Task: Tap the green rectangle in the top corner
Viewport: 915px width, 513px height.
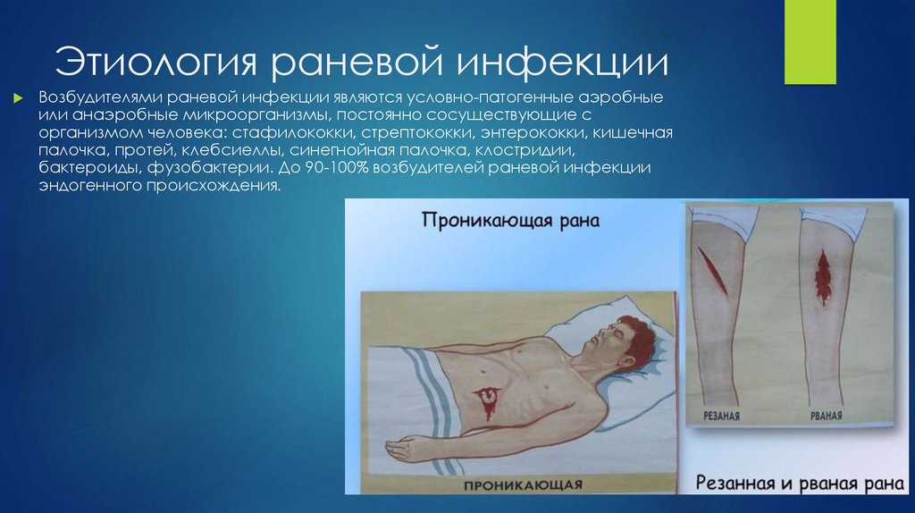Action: click(810, 41)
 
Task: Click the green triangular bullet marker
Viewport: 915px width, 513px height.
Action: click(17, 97)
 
